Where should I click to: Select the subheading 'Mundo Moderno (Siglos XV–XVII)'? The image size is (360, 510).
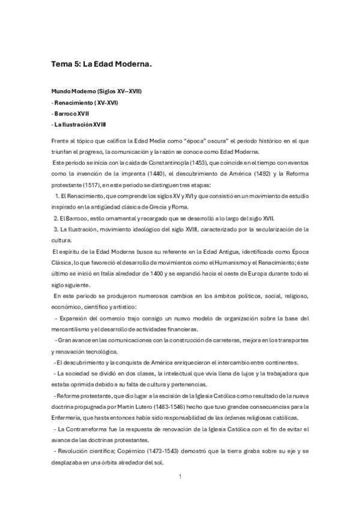point(96,91)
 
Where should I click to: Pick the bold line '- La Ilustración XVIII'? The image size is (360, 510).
point(80,124)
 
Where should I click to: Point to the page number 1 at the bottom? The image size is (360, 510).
point(180,477)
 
